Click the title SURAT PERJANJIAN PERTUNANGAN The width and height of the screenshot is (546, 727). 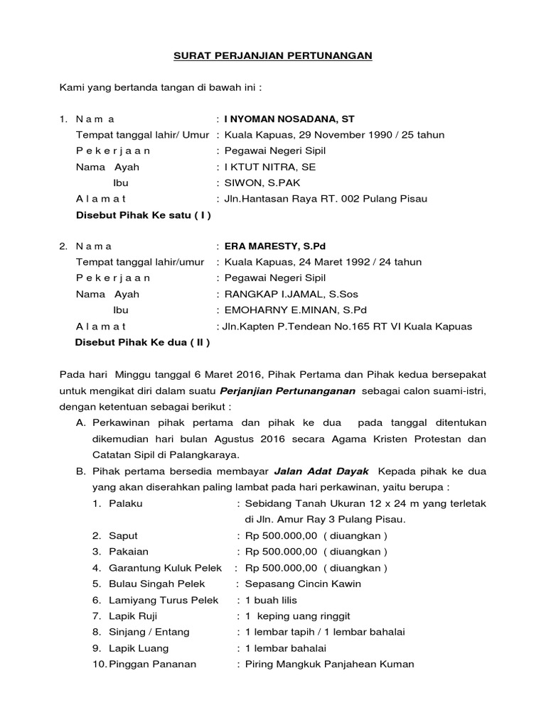pyautogui.click(x=274, y=55)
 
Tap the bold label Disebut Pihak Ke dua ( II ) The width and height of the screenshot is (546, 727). pyautogui.click(x=142, y=342)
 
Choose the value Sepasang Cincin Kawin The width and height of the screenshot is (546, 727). pyautogui.click(x=303, y=584)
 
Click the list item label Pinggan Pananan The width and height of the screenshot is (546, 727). pyautogui.click(x=152, y=665)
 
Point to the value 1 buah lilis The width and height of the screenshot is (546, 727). pyautogui.click(x=272, y=600)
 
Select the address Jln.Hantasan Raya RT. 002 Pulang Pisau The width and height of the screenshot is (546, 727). pyautogui.click(x=326, y=199)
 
